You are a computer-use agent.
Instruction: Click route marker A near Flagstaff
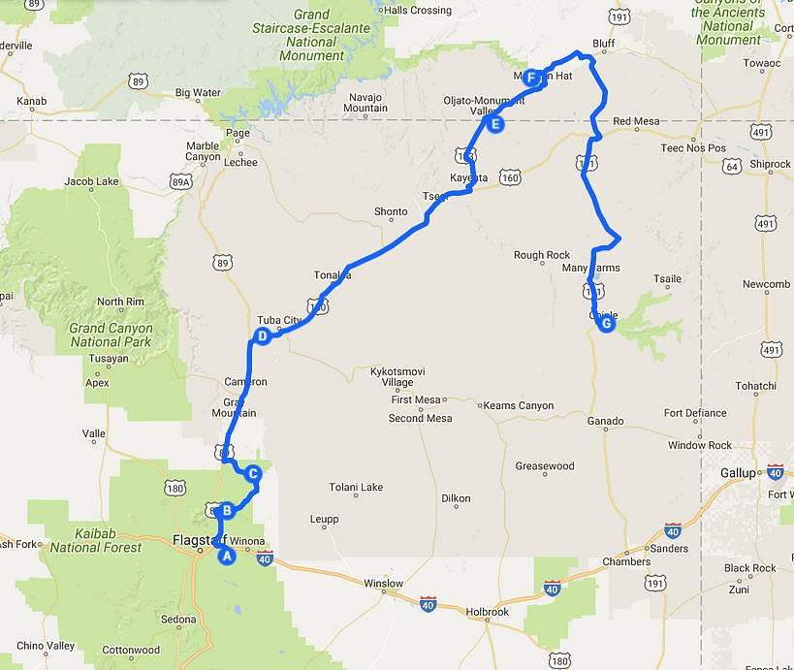click(228, 556)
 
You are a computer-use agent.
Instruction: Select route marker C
click(253, 474)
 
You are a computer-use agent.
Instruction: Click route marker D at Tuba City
click(262, 336)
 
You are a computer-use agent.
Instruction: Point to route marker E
click(495, 124)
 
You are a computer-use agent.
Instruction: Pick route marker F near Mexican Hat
click(531, 79)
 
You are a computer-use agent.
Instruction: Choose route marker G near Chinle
click(606, 325)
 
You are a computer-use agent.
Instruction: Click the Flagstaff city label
click(199, 539)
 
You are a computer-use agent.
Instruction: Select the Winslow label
click(383, 583)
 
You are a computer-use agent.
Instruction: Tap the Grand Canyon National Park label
click(110, 335)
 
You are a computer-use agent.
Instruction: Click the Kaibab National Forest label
click(96, 540)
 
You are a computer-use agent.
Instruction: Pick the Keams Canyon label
click(521, 405)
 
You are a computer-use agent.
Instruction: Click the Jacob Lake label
click(91, 181)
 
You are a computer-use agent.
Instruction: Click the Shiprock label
click(771, 164)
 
